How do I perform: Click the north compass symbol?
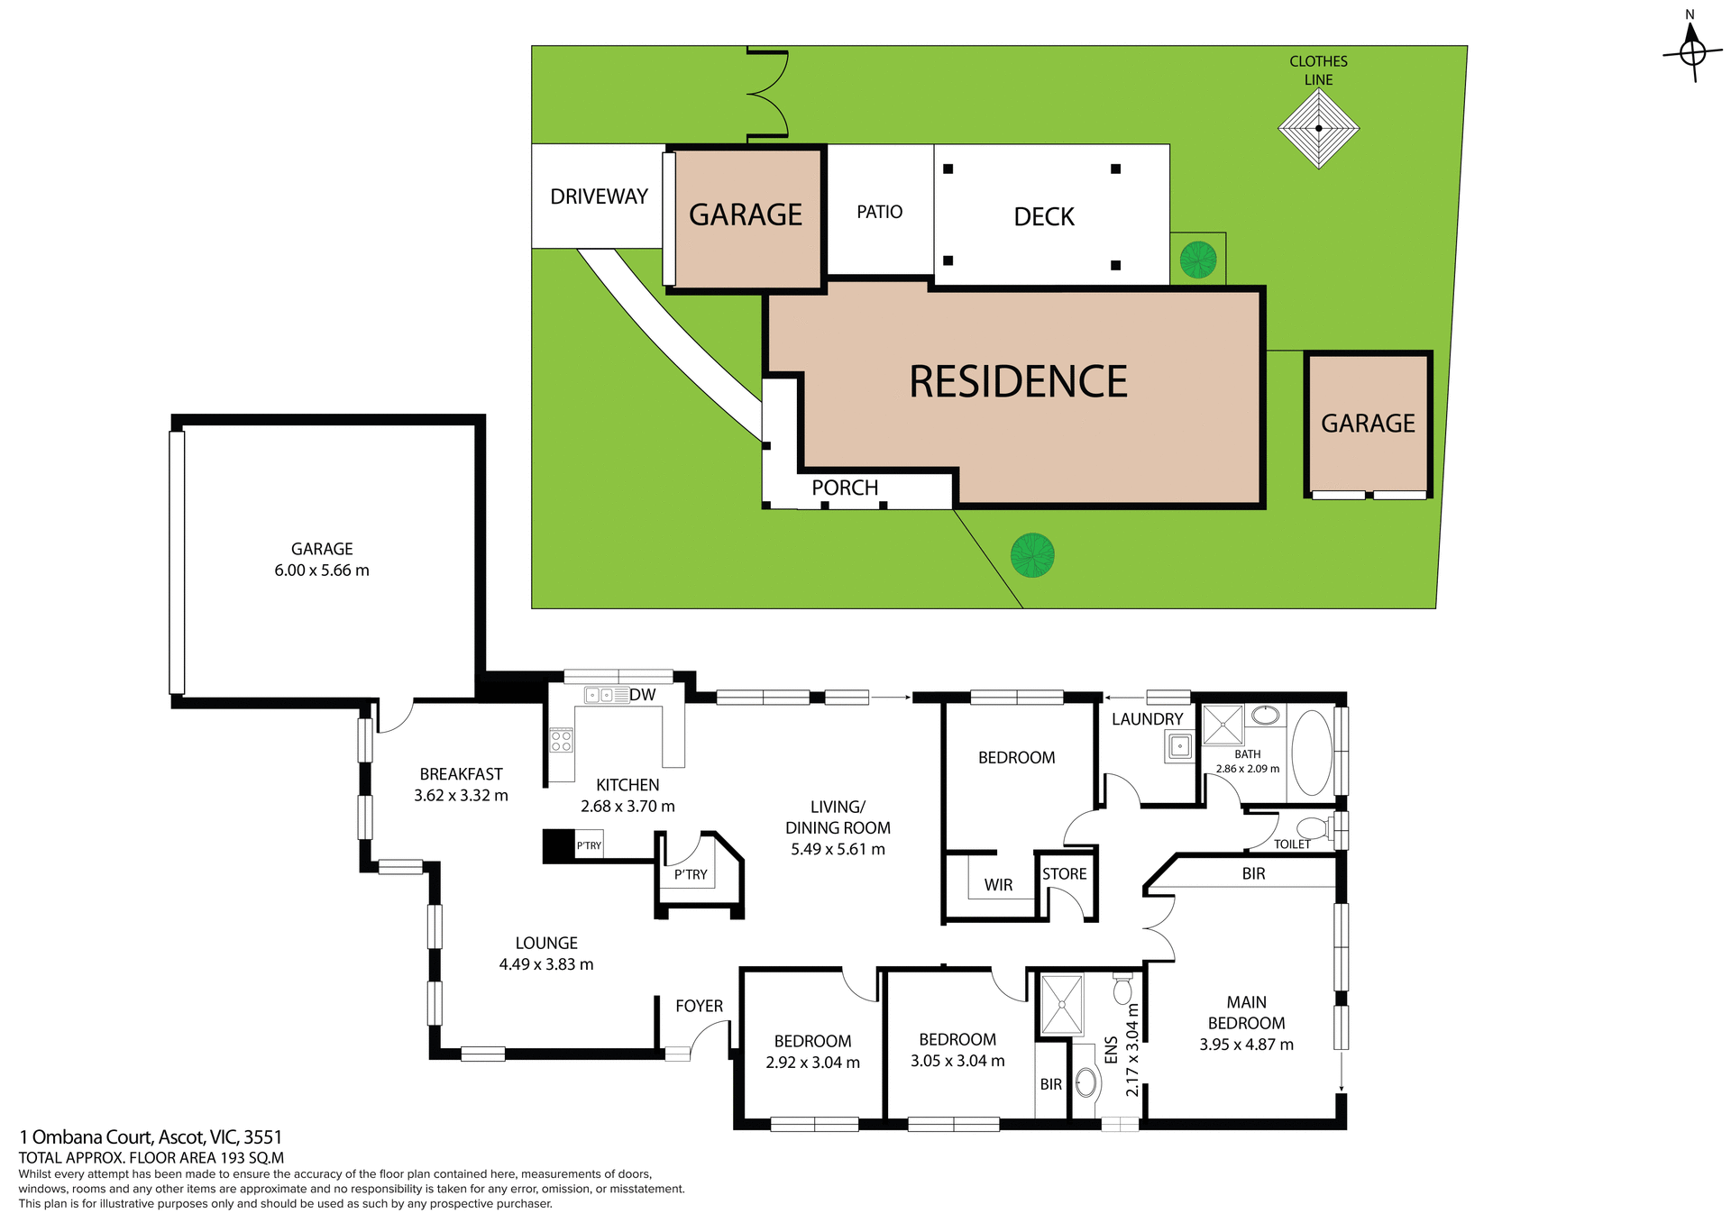1692,51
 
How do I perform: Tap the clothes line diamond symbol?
1318,128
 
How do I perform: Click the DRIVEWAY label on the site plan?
599,196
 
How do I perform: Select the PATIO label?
879,212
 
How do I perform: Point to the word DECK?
1044,217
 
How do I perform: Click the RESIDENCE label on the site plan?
1018,382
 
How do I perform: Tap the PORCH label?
845,488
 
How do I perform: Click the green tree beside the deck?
1197,260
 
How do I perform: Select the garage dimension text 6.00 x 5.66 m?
322,570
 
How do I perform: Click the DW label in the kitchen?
643,695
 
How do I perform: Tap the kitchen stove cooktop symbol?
561,741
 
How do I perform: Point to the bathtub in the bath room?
1311,753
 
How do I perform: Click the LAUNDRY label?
1147,719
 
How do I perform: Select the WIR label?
998,885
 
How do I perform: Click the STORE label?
1064,874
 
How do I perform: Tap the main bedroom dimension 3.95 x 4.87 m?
1246,1045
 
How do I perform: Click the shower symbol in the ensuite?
1061,1004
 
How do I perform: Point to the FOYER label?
699,1006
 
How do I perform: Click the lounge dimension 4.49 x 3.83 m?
546,964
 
